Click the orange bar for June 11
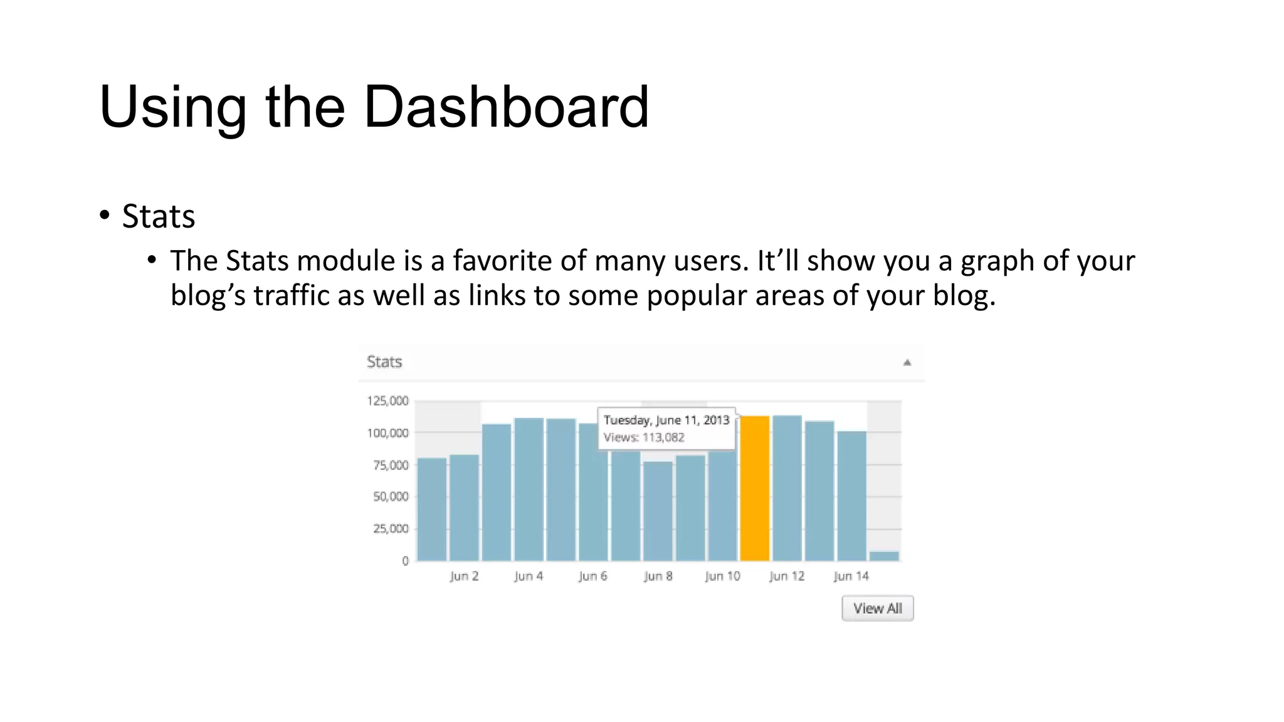(754, 488)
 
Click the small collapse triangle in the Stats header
(907, 362)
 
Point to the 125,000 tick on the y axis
(387, 400)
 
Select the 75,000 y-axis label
(391, 465)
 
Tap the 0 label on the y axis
(405, 561)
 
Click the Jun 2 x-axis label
(464, 576)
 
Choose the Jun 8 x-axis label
(658, 576)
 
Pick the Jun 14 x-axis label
(851, 576)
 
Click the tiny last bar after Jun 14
(884, 556)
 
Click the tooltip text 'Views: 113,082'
(644, 437)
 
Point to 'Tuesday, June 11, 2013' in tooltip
(666, 420)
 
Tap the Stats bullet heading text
(158, 216)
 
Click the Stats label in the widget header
(384, 362)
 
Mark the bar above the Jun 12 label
(787, 488)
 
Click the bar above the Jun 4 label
(529, 489)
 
